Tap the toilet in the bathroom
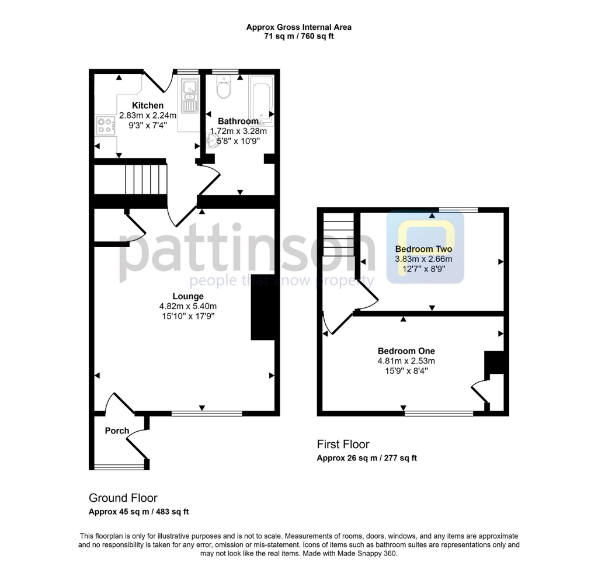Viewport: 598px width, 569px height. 224,89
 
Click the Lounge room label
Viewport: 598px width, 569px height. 187,296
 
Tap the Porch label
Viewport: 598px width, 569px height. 117,431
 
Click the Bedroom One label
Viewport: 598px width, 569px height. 406,351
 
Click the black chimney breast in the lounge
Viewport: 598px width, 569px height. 263,307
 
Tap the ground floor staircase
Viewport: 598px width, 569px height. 140,179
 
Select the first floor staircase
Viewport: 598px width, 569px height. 339,234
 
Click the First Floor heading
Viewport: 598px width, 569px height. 343,445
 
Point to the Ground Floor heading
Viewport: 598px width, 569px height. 123,498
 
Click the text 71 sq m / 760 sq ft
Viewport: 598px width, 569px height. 298,36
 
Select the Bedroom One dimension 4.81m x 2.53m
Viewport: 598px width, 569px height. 406,361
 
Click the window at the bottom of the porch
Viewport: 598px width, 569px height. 119,466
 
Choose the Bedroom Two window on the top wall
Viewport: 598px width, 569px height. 458,210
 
